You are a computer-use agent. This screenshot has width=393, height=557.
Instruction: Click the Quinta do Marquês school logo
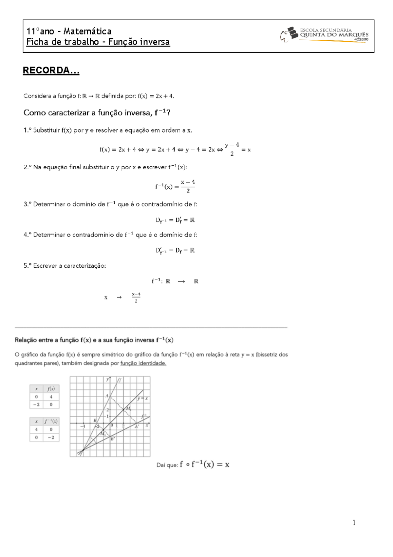pyautogui.click(x=324, y=35)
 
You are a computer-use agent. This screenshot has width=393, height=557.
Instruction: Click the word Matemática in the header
pyautogui.click(x=87, y=31)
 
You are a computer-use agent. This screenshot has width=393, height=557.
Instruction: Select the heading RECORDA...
pyautogui.click(x=51, y=71)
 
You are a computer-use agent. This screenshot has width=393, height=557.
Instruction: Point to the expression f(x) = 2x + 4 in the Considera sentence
pyautogui.click(x=156, y=96)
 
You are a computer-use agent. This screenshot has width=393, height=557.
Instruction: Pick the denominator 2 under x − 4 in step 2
pyautogui.click(x=188, y=191)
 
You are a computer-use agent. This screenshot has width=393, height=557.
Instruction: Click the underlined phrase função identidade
pyautogui.click(x=143, y=363)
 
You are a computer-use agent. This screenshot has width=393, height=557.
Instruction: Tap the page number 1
pyautogui.click(x=354, y=523)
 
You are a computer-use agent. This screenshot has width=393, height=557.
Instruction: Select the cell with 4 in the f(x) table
pyautogui.click(x=51, y=397)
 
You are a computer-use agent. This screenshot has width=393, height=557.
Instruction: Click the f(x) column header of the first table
pyautogui.click(x=51, y=389)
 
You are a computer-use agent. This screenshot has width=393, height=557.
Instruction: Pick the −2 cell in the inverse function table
pyautogui.click(x=51, y=437)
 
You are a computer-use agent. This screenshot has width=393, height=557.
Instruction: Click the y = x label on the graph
pyautogui.click(x=142, y=399)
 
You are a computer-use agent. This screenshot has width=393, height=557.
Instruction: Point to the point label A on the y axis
pyautogui.click(x=107, y=396)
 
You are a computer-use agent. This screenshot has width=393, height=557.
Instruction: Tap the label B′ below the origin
pyautogui.click(x=112, y=439)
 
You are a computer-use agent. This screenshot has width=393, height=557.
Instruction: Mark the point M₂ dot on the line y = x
pyautogui.click(x=103, y=430)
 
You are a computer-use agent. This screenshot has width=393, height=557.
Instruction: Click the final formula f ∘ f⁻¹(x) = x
pyautogui.click(x=204, y=464)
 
